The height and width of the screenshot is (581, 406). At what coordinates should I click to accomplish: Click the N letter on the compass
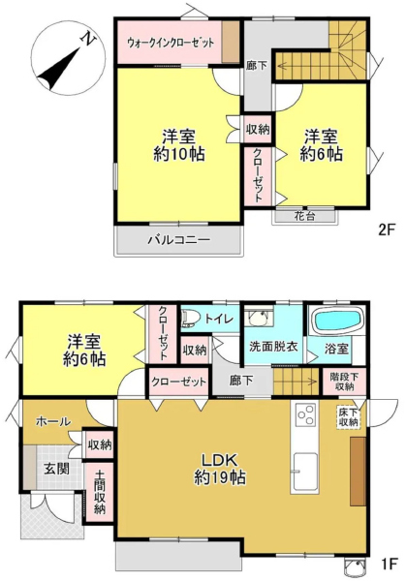click(x=88, y=39)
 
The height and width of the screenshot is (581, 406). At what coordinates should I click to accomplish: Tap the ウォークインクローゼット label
click(x=171, y=43)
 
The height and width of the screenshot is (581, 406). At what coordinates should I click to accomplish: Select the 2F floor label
click(x=387, y=230)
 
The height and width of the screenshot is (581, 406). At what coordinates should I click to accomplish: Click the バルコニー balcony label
click(x=179, y=240)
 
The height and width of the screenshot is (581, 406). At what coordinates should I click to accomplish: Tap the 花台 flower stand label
click(x=305, y=216)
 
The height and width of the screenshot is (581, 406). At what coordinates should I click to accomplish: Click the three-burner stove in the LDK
click(x=306, y=414)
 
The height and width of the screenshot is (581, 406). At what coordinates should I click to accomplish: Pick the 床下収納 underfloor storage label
click(x=348, y=417)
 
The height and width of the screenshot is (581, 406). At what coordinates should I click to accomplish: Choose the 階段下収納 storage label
click(x=344, y=382)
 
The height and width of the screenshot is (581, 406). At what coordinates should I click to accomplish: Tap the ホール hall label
click(x=53, y=421)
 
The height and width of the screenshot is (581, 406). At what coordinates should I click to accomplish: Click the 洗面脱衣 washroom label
click(x=273, y=347)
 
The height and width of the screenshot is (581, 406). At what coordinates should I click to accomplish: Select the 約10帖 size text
click(x=179, y=154)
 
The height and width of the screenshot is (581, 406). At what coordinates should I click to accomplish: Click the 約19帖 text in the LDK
click(x=220, y=477)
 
